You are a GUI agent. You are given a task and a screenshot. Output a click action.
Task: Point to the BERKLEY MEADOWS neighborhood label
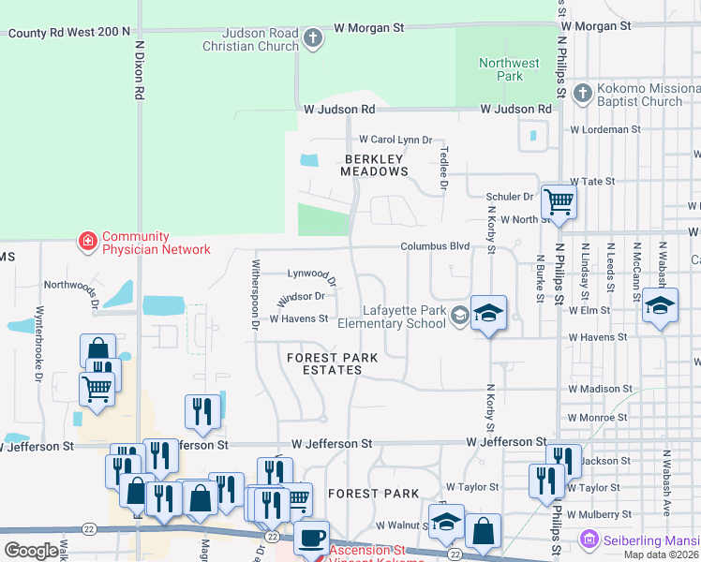pyautogui.click(x=376, y=165)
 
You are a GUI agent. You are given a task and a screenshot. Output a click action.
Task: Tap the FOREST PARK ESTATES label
pyautogui.click(x=324, y=363)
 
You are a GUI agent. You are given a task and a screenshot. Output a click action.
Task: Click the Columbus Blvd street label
pyautogui.click(x=435, y=246)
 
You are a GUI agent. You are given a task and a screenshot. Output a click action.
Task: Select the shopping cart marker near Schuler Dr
pyautogui.click(x=559, y=201)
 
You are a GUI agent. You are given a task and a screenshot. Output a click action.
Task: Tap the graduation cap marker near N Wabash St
pyautogui.click(x=661, y=307)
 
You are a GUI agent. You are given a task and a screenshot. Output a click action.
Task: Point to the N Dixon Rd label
pyautogui.click(x=139, y=70)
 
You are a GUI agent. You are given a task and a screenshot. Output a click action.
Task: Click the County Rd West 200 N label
pyautogui.click(x=69, y=32)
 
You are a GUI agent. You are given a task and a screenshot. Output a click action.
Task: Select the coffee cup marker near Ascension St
pyautogui.click(x=312, y=539)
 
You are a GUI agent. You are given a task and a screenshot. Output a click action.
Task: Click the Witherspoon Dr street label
pyautogui.click(x=254, y=295)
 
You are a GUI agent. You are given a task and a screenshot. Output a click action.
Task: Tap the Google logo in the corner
pyautogui.click(x=31, y=551)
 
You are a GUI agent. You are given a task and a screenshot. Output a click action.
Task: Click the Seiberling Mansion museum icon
pyautogui.click(x=589, y=540)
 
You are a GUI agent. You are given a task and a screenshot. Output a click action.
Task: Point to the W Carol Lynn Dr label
pyautogui.click(x=395, y=139)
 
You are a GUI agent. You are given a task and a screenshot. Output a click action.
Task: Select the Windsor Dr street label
pyautogui.click(x=301, y=297)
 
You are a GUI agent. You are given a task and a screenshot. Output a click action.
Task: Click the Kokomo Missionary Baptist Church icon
pyautogui.click(x=582, y=93)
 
